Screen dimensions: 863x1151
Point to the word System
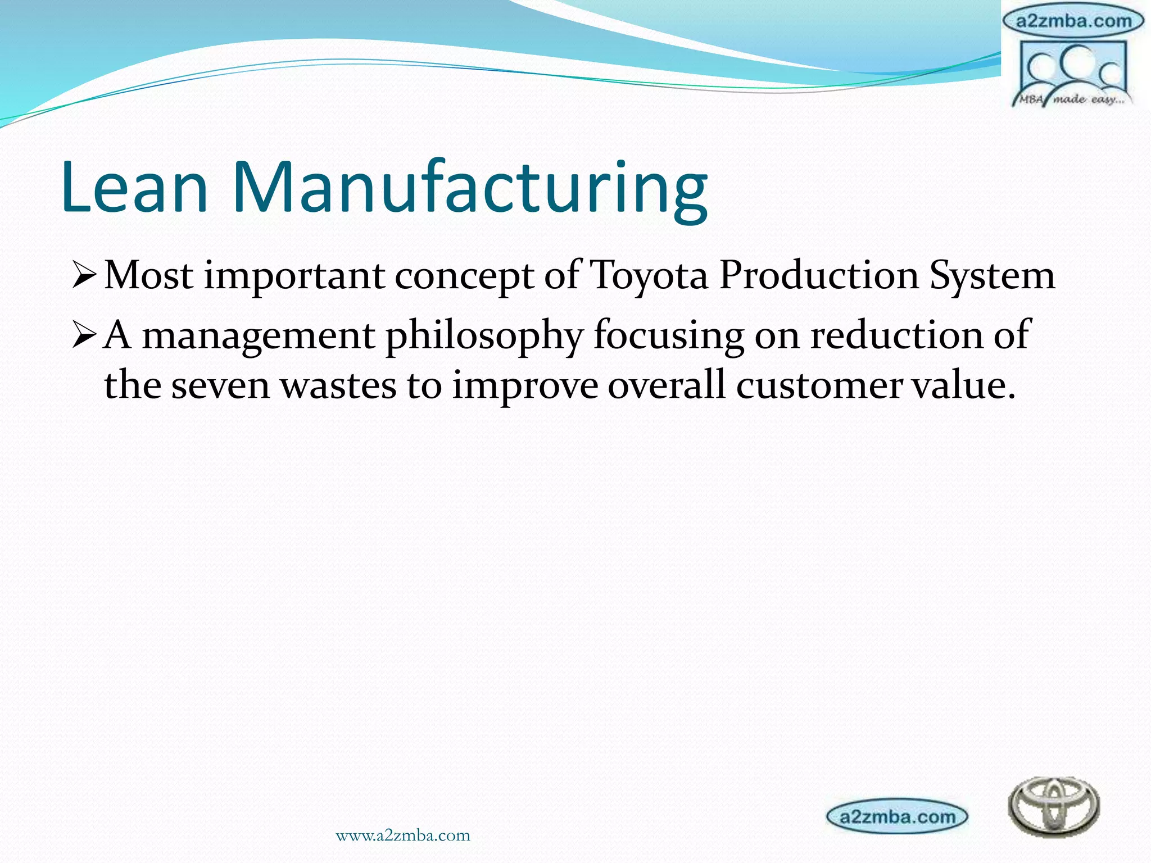tap(992, 276)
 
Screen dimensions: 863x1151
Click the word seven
tap(220, 387)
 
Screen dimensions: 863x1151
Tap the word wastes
tap(338, 387)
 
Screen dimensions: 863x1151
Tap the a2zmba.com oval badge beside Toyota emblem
tap(897, 816)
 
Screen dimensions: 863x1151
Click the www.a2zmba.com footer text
tap(402, 835)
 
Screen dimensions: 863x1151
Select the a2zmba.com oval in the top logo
tap(1073, 21)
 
